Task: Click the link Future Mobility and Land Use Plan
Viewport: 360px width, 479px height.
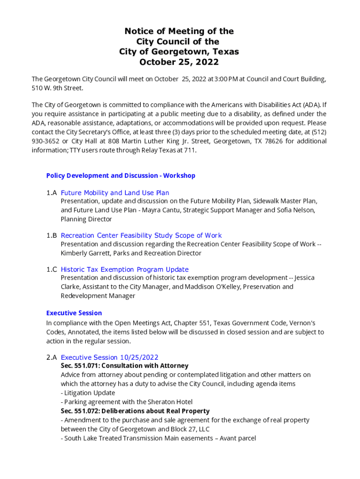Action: pos(115,193)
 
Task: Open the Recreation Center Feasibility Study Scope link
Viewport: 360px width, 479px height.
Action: pos(141,235)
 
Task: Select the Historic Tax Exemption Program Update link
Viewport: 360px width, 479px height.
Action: pos(124,269)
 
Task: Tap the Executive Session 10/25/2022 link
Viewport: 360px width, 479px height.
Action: pos(109,357)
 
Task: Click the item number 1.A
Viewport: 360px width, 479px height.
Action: pos(51,193)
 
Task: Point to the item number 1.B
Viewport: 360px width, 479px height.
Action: pos(51,235)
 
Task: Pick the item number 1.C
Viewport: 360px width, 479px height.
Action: pos(51,269)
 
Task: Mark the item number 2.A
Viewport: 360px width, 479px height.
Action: pos(51,357)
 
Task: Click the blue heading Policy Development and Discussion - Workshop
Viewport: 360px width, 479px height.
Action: pos(121,175)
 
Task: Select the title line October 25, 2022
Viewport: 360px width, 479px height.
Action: pos(179,62)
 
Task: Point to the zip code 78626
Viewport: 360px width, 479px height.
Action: pos(274,141)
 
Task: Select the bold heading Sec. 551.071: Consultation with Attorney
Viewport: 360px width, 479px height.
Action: pos(124,366)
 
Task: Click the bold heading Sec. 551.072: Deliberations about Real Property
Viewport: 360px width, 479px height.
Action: pos(135,411)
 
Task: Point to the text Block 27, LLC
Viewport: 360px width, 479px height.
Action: pos(190,429)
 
